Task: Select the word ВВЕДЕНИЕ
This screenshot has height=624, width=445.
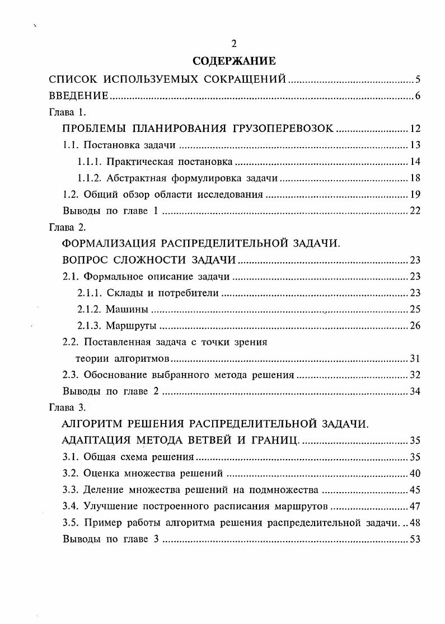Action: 79,96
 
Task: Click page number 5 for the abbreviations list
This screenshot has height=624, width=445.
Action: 418,79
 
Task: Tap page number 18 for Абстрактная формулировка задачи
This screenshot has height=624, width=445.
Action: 415,178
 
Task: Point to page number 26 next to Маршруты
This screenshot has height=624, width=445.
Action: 415,325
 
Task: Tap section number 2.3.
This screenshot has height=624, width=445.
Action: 71,375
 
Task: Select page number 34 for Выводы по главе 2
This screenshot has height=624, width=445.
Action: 415,391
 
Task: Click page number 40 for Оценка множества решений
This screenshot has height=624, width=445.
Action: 415,473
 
